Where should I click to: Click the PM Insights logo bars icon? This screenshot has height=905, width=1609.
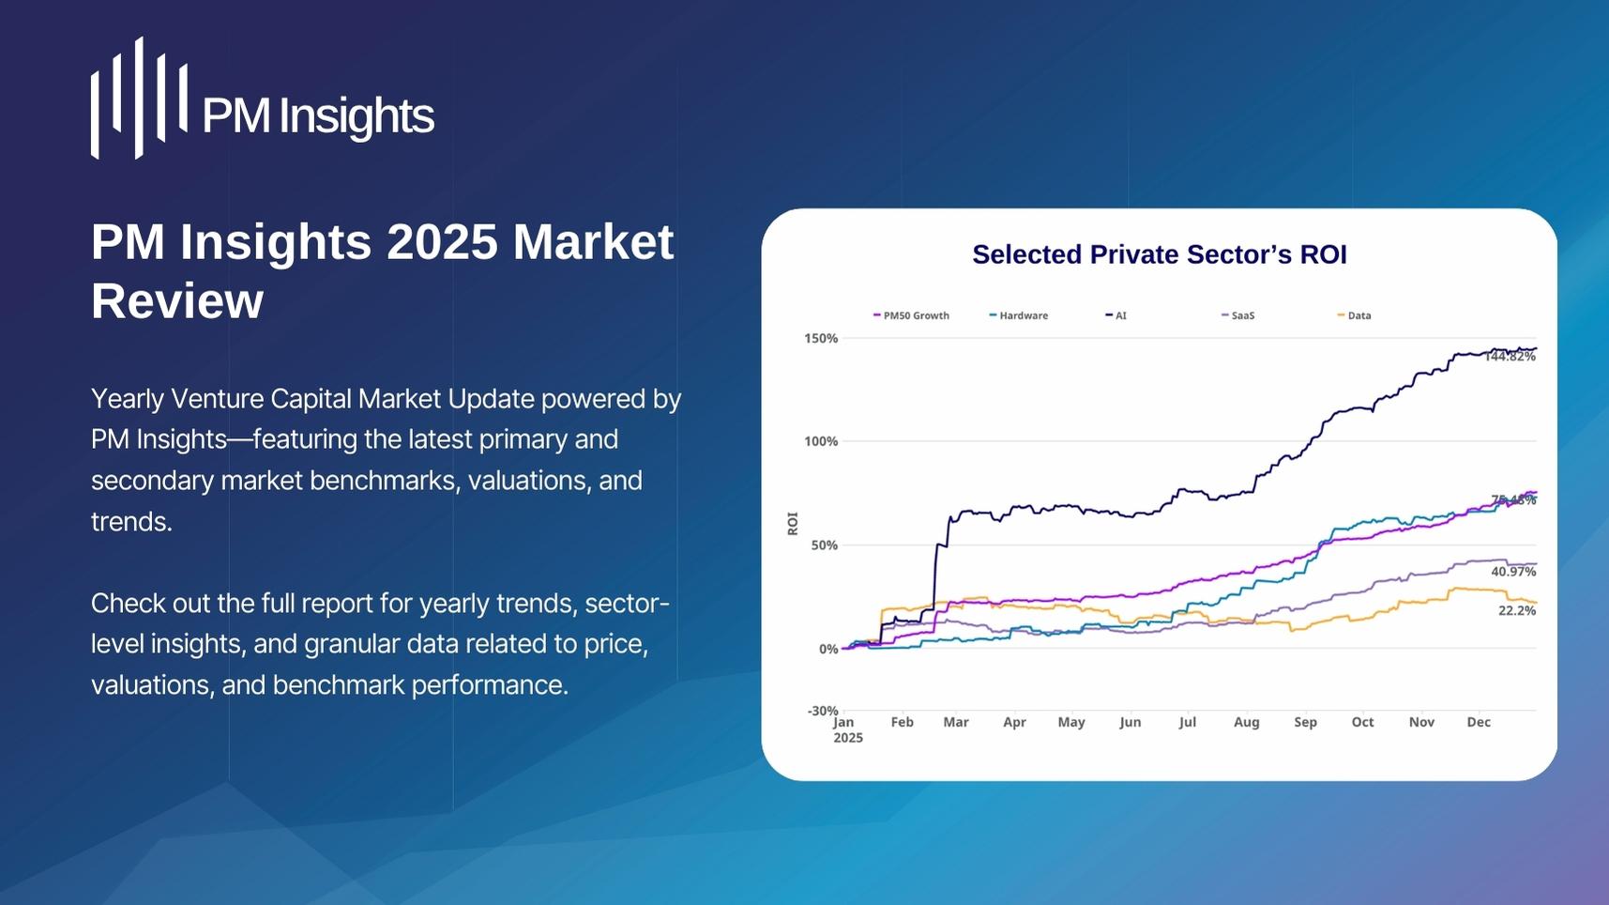point(139,99)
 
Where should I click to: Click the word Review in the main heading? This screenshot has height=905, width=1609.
point(177,301)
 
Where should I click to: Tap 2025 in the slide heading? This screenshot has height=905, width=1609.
point(441,242)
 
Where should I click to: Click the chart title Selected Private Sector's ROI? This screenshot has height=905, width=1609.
point(1159,254)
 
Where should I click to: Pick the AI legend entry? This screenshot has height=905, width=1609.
point(1116,315)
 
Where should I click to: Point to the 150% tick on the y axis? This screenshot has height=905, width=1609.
point(821,338)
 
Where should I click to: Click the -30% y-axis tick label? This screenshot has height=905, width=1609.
point(822,711)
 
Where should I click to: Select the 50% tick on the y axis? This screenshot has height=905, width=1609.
point(824,545)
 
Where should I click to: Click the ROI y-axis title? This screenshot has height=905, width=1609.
point(792,523)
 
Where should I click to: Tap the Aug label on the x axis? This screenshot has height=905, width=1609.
point(1246,722)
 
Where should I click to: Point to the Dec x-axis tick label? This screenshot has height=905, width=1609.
point(1478,722)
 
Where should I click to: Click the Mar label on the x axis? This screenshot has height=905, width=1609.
point(955,722)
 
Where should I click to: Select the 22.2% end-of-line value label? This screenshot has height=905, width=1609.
point(1516,610)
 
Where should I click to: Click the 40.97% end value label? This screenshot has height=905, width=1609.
point(1512,571)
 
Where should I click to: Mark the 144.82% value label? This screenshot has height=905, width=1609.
point(1510,357)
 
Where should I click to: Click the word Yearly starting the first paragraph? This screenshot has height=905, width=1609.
point(127,399)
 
